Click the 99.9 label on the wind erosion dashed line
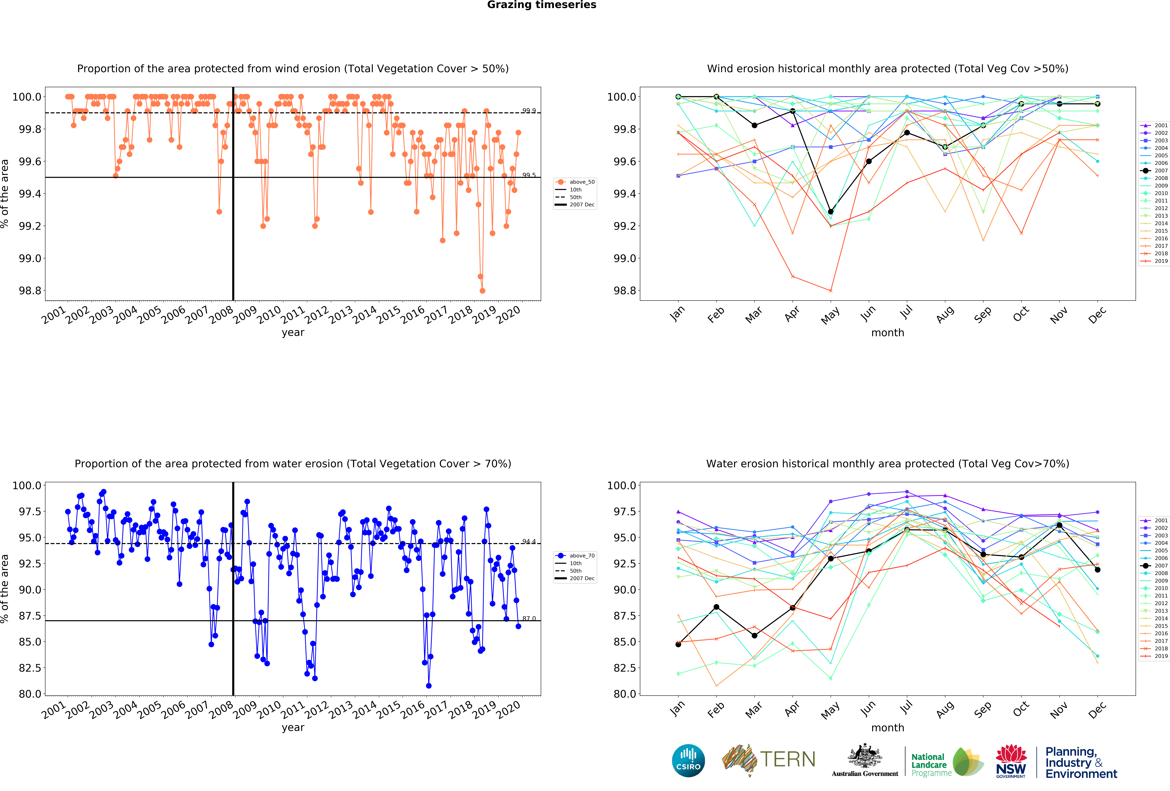pyautogui.click(x=529, y=110)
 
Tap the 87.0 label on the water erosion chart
pyautogui.click(x=529, y=618)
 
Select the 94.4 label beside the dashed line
pyautogui.click(x=529, y=541)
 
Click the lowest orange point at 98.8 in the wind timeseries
pyautogui.click(x=482, y=291)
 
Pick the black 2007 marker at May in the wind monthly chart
pyautogui.click(x=831, y=212)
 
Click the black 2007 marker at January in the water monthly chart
pyautogui.click(x=678, y=644)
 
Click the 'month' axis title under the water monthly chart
pyautogui.click(x=888, y=727)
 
